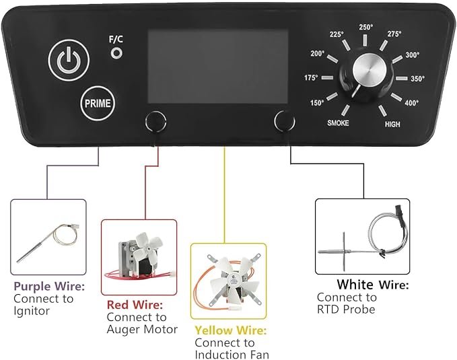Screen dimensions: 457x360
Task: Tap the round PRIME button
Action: click(x=98, y=104)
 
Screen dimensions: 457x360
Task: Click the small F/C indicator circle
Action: click(x=116, y=53)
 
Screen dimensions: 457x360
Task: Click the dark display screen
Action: click(x=218, y=66)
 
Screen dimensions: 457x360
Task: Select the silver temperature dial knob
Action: click(x=370, y=70)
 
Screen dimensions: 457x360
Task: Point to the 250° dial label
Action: click(x=365, y=27)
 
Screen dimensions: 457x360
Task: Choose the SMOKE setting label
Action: click(x=338, y=123)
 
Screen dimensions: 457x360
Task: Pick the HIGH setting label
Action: click(x=392, y=124)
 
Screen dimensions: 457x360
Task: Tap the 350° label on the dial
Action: click(x=418, y=79)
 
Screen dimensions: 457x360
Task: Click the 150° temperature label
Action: click(x=317, y=102)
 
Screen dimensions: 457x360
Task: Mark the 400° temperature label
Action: click(x=411, y=102)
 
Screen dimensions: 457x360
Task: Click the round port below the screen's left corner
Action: click(x=155, y=121)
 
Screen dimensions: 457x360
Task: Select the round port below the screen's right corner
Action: click(x=285, y=121)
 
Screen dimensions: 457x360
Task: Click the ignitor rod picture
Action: click(x=48, y=242)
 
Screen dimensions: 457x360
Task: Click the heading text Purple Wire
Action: click(x=49, y=286)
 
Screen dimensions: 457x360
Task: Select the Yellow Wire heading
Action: click(x=231, y=330)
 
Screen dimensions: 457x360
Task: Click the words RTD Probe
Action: click(x=346, y=310)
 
